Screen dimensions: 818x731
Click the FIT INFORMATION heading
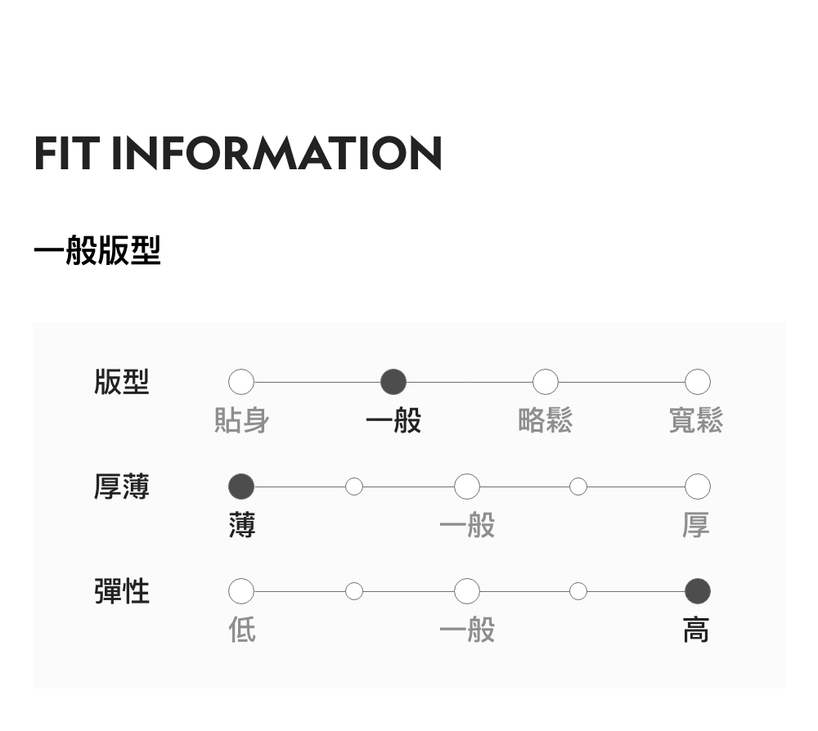coord(238,154)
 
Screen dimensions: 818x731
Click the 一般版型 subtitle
coord(97,251)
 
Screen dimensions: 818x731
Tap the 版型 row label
coord(122,382)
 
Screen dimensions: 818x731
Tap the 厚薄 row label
coord(122,487)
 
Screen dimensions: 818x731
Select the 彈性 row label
coord(122,590)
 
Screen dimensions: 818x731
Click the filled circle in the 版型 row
coord(393,382)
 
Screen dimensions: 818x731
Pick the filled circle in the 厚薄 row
coord(241,487)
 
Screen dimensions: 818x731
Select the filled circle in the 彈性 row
coord(697,590)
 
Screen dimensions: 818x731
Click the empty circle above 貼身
coord(241,382)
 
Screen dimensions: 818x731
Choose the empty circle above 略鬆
coord(546,382)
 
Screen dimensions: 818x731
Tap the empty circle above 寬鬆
coord(697,382)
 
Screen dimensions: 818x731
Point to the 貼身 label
coord(241,421)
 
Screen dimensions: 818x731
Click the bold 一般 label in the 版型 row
coord(393,421)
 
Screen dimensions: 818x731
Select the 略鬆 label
coord(546,421)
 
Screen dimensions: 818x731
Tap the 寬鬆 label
coord(697,421)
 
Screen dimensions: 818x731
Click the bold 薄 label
coord(241,525)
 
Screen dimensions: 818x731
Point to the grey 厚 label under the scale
coord(697,525)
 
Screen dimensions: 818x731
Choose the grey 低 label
coord(241,630)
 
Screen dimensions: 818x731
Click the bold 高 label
coord(697,630)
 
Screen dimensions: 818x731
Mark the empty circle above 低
coord(241,590)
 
